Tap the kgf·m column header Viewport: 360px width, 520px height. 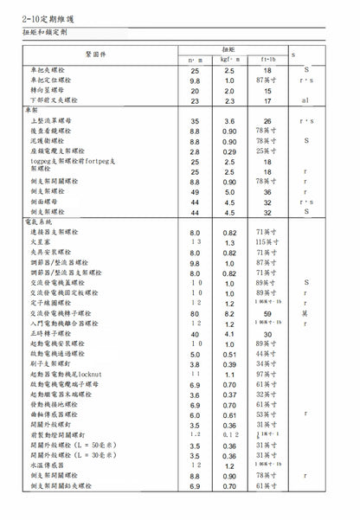[229, 58]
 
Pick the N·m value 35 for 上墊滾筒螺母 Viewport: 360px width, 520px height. [195, 122]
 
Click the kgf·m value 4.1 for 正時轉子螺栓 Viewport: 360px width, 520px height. [229, 333]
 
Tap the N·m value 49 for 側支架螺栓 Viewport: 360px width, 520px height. [195, 192]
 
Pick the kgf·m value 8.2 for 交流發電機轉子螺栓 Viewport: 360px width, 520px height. [229, 313]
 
